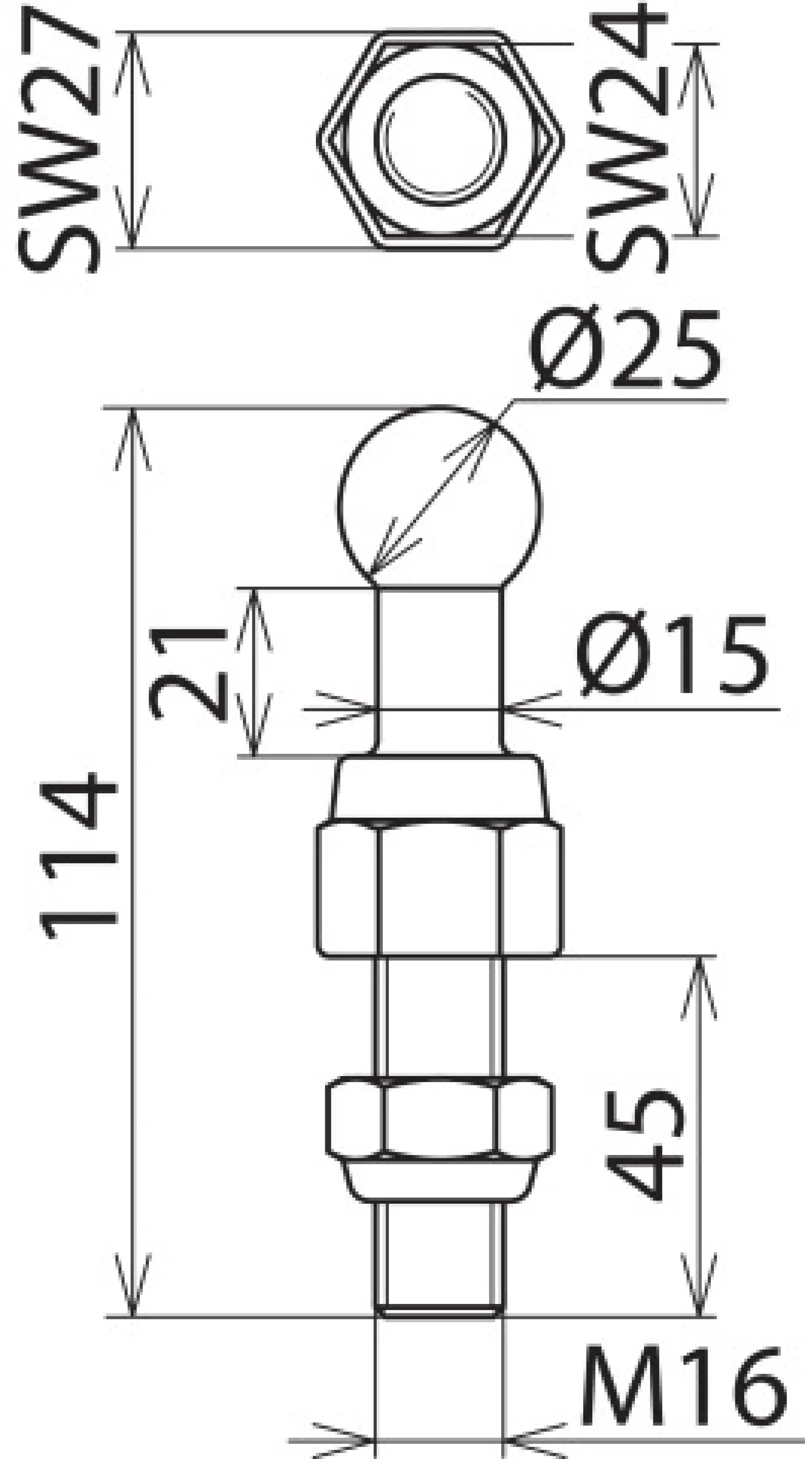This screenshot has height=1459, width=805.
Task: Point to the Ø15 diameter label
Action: coord(671,657)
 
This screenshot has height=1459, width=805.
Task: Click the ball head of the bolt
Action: coord(439,499)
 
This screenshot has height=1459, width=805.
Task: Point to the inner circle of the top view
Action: coord(439,139)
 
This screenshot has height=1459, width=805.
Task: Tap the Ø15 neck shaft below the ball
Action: coord(439,668)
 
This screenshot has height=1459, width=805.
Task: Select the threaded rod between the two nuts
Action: coord(439,1014)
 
